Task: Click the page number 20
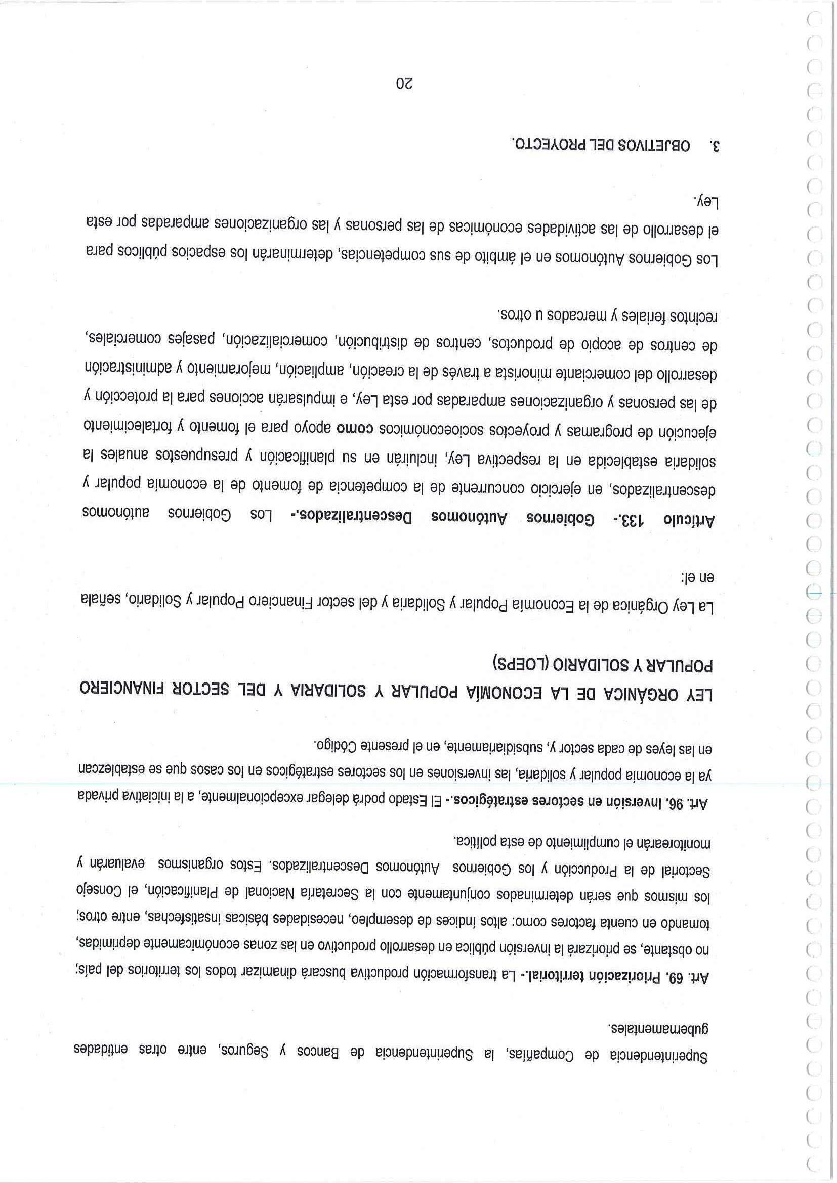[x=404, y=83]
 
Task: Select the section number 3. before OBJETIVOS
[x=713, y=145]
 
